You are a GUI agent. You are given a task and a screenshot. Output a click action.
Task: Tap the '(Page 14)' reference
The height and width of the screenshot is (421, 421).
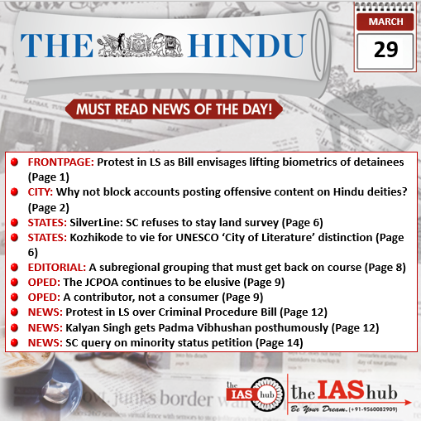click(280, 341)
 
